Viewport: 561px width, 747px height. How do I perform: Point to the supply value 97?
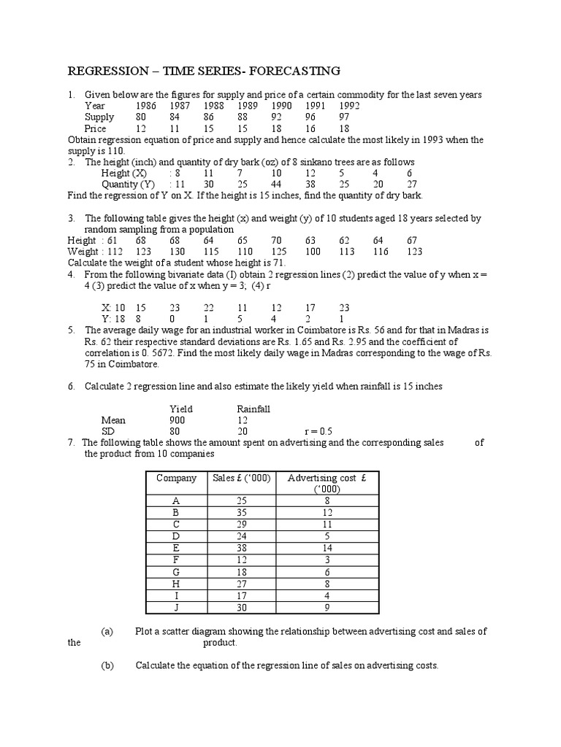343,117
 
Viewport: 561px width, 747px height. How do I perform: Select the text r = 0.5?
320,431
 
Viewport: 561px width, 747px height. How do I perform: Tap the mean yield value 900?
178,420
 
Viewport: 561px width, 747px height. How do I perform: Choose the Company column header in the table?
176,479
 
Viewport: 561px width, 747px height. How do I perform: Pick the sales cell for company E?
242,548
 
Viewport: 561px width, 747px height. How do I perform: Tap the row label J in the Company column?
176,606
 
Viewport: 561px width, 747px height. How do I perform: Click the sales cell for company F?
242,560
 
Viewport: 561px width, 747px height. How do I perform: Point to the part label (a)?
107,632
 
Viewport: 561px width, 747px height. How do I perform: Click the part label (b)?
107,665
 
